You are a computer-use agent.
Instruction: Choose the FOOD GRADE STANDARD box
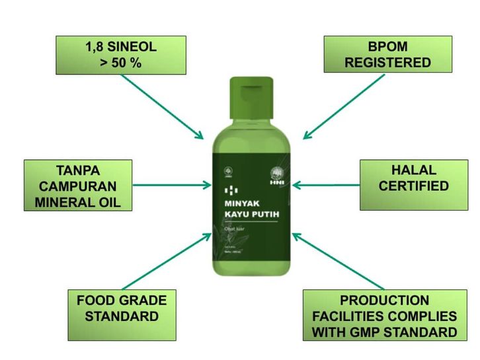122,308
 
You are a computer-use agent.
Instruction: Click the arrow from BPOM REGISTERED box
344,106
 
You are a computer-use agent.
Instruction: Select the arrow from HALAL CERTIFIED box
325,186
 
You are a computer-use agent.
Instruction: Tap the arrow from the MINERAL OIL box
169,186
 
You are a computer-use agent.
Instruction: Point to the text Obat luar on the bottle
237,229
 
